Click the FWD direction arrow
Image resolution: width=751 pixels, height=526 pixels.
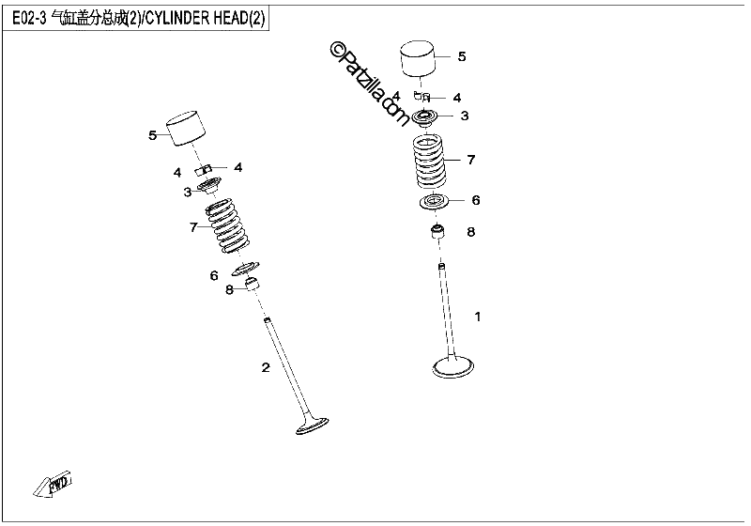click(54, 485)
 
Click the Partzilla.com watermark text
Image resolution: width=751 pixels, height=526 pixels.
click(369, 84)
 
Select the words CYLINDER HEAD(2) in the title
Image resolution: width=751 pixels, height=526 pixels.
click(205, 18)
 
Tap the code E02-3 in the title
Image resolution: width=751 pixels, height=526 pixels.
click(29, 18)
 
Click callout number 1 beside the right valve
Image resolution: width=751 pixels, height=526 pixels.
click(477, 317)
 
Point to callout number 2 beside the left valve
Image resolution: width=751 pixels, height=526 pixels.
click(266, 367)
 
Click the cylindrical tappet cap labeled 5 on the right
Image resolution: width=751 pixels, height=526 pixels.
click(418, 58)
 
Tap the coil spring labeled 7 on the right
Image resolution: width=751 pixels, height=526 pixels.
click(430, 162)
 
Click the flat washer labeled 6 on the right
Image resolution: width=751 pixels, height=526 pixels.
click(435, 202)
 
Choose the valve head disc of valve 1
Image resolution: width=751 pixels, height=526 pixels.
click(453, 367)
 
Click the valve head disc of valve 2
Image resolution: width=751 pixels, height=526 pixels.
click(313, 425)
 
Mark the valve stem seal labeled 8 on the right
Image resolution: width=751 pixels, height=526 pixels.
click(437, 232)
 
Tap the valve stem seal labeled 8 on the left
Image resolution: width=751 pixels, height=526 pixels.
click(253, 283)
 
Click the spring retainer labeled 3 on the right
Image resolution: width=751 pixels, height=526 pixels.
click(425, 117)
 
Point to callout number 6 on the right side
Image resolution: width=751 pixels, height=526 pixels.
click(476, 200)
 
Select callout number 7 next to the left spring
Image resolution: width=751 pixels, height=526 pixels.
click(193, 227)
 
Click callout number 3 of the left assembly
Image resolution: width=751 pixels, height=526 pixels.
click(187, 193)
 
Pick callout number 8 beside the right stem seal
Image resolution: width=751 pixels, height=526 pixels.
click(471, 232)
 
